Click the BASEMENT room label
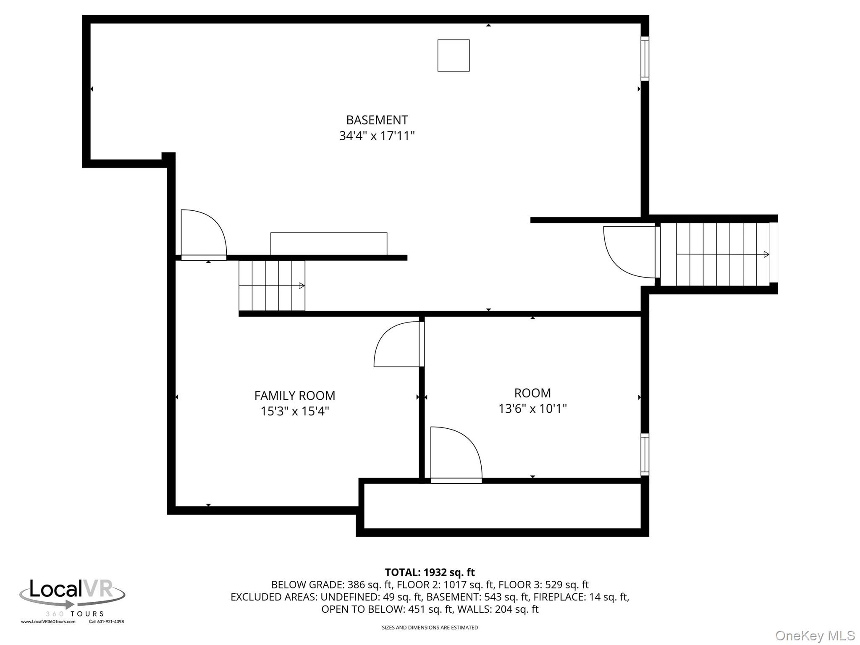pyautogui.click(x=377, y=120)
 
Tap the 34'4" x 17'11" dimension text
pyautogui.click(x=377, y=136)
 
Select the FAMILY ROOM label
pyautogui.click(x=294, y=396)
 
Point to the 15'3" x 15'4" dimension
pyautogui.click(x=294, y=411)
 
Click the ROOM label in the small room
pyautogui.click(x=532, y=393)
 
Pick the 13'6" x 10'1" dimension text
pyautogui.click(x=532, y=409)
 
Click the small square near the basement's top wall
pyautogui.click(x=454, y=55)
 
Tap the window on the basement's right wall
pyautogui.click(x=645, y=58)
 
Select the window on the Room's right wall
pyautogui.click(x=645, y=454)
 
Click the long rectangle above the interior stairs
pyautogui.click(x=329, y=244)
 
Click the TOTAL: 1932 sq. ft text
pyautogui.click(x=430, y=572)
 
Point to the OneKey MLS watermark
pyautogui.click(x=815, y=636)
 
